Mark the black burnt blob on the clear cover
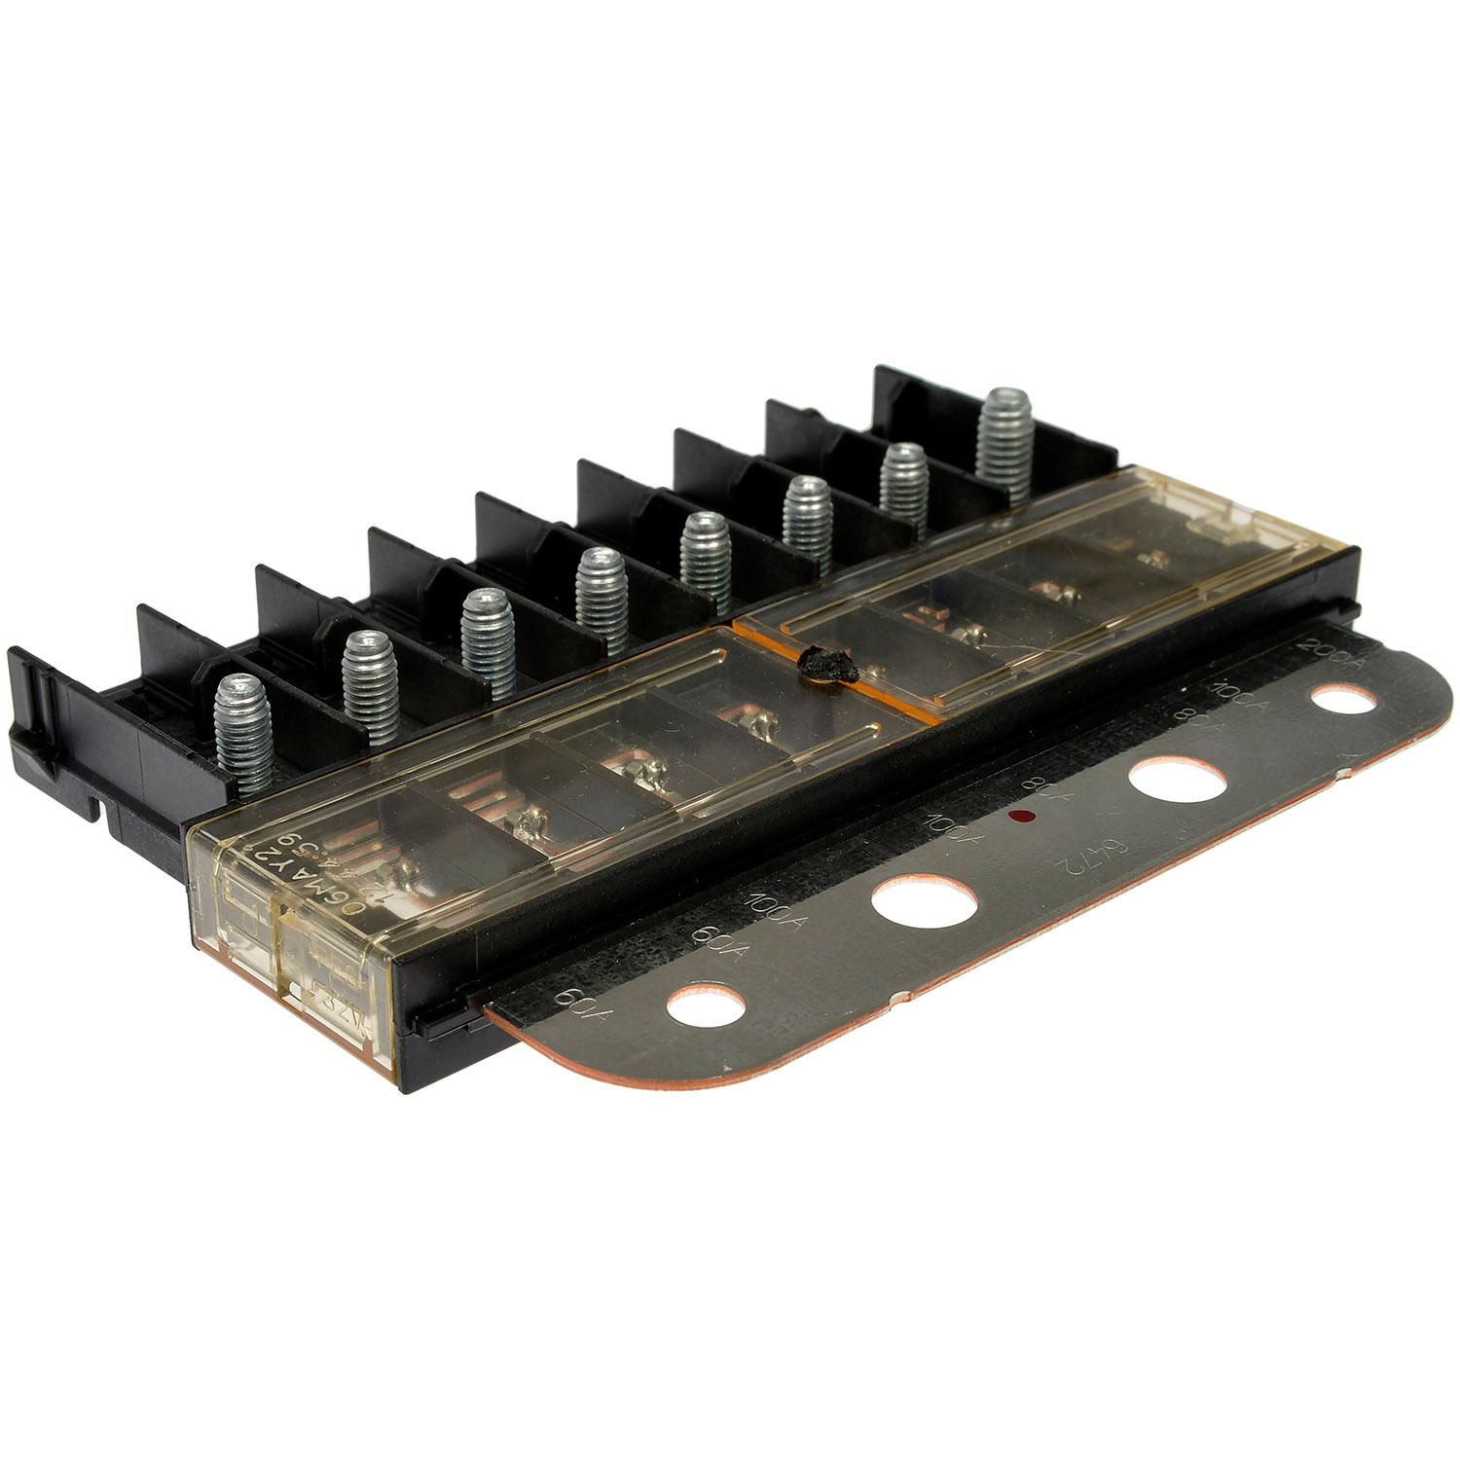824,667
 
